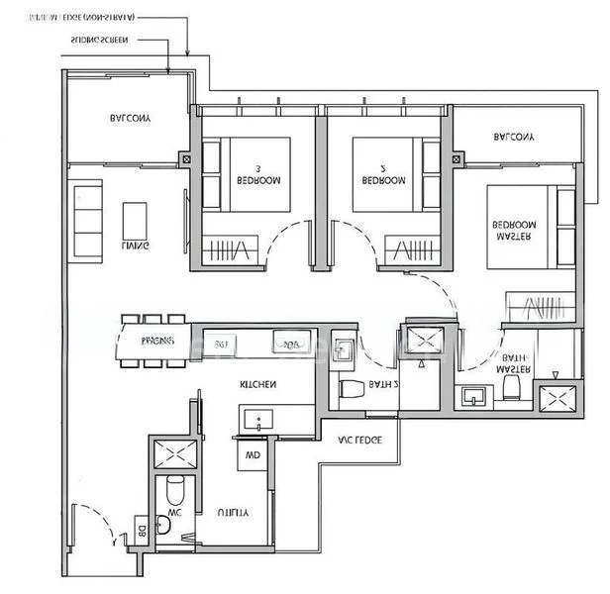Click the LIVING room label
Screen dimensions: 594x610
136,246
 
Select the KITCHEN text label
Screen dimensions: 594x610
257,383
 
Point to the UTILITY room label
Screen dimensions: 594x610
233,513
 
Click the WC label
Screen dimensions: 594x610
173,513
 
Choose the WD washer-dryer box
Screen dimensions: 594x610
252,456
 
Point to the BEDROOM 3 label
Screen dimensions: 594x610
258,175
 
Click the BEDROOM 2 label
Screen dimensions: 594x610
383,175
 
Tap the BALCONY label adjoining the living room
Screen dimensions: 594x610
130,119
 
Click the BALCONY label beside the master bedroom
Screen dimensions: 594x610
514,137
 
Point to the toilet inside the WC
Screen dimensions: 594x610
175,489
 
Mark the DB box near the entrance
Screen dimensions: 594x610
143,531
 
